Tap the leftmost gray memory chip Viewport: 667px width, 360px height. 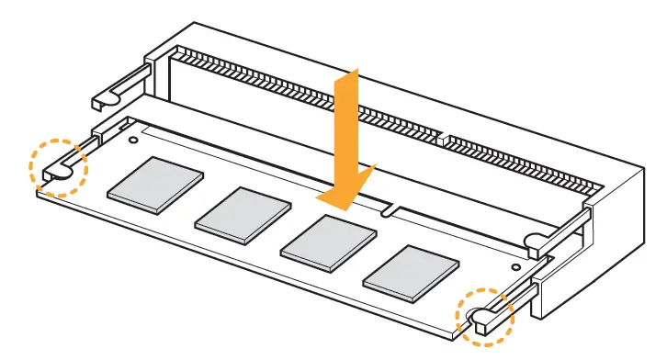click(x=155, y=179)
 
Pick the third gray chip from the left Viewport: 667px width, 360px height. click(x=328, y=242)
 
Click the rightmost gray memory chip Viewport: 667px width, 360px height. click(x=412, y=273)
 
